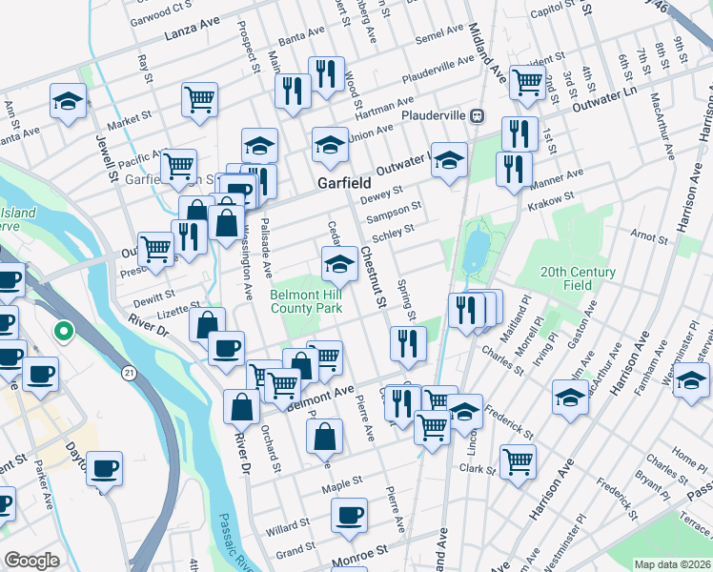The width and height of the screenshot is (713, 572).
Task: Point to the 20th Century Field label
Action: (578, 278)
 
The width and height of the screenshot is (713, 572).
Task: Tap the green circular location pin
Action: (64, 332)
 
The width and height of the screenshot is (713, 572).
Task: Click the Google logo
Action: (31, 560)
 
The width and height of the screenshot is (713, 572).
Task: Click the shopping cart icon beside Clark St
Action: (518, 460)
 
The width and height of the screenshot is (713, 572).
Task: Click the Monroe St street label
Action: (360, 552)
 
